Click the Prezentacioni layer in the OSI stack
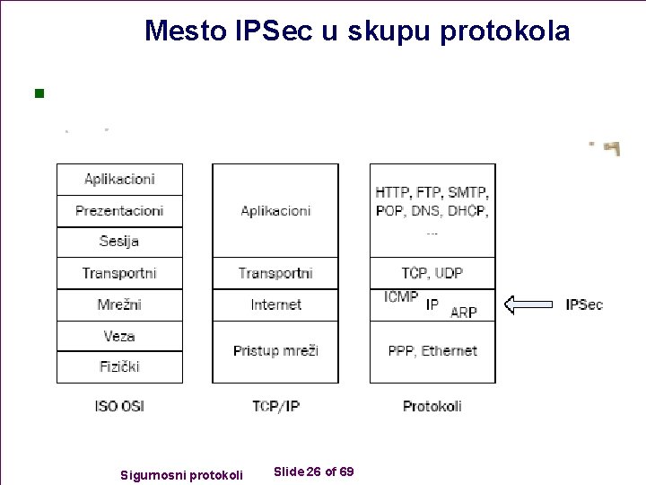click(119, 211)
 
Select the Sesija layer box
click(119, 242)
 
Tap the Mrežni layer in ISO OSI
click(119, 305)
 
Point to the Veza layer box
click(119, 336)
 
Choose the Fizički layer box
click(119, 366)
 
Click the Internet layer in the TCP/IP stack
click(275, 305)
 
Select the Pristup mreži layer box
click(275, 351)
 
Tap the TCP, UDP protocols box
click(432, 273)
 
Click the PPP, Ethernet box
click(432, 351)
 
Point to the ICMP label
click(400, 297)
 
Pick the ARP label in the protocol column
click(463, 313)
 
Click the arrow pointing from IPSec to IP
click(528, 304)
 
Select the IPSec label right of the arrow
click(584, 304)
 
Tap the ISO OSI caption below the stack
click(119, 406)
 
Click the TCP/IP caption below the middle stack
click(275, 406)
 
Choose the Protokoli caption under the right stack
click(432, 406)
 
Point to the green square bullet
click(38, 93)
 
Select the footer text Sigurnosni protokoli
click(181, 474)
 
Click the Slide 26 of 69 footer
click(313, 472)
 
